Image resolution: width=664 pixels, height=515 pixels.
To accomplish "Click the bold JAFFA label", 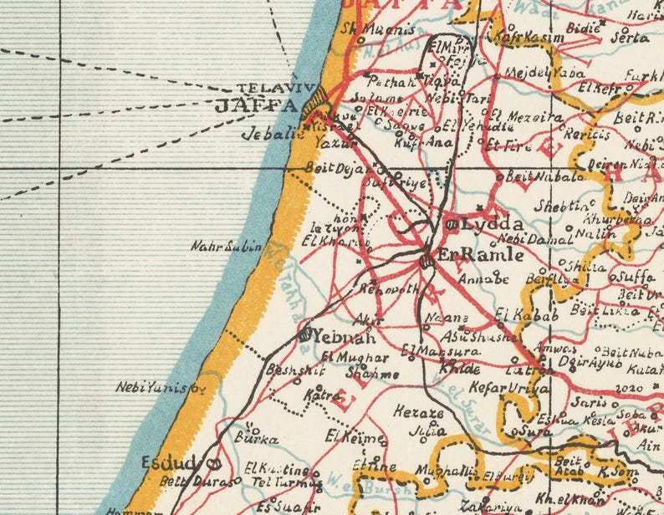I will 256,106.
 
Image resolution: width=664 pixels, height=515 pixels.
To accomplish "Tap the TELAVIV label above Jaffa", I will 267,88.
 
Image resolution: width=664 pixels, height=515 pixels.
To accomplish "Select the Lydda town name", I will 493,224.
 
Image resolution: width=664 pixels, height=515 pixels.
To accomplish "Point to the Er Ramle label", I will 481,256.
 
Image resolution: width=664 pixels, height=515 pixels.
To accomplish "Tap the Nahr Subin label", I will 227,247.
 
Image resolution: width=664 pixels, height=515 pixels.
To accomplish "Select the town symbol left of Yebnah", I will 304,335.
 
